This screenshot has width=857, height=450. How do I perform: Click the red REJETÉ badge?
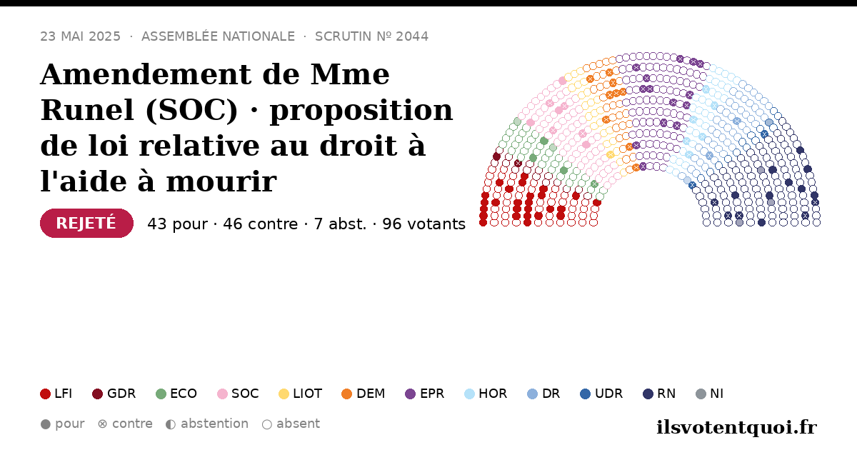click(86, 223)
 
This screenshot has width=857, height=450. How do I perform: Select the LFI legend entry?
click(56, 394)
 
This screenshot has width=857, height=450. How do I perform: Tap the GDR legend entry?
click(114, 394)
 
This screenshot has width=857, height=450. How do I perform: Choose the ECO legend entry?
click(176, 394)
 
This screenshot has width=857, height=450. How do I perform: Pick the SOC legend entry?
click(238, 394)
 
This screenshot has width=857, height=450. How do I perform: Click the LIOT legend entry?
click(301, 394)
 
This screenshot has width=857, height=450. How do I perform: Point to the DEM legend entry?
click(363, 394)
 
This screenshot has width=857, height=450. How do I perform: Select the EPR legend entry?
click(425, 394)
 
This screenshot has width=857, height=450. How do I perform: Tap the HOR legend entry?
click(486, 394)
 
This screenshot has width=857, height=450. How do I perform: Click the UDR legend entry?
click(601, 394)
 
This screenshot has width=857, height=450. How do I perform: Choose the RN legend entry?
click(659, 394)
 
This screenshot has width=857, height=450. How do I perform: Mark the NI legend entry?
click(710, 394)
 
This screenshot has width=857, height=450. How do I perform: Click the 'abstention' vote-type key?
click(207, 424)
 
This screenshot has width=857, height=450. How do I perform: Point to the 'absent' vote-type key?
click(291, 424)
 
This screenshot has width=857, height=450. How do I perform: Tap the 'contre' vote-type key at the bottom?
click(125, 424)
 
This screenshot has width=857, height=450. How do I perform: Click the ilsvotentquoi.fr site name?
click(737, 427)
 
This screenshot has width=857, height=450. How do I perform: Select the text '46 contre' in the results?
click(260, 224)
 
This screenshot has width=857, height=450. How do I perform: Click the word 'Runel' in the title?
click(88, 110)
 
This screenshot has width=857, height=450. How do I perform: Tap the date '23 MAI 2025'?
click(80, 36)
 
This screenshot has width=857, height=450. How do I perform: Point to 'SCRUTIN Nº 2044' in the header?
click(371, 36)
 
